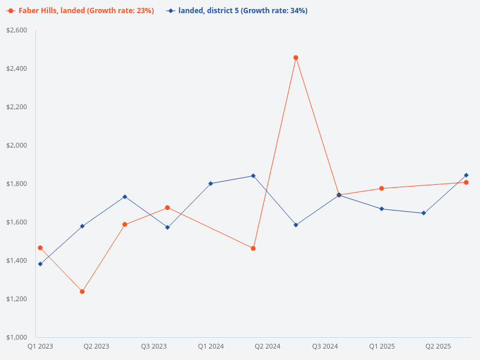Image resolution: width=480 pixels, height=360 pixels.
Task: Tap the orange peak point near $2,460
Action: tap(296, 58)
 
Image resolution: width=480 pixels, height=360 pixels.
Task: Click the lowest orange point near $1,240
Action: tap(82, 292)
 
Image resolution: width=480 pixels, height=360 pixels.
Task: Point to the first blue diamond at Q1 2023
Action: tap(40, 264)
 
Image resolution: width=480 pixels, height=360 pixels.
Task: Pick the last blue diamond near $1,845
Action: tap(466, 175)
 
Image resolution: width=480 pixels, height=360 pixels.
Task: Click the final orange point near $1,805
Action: tap(466, 182)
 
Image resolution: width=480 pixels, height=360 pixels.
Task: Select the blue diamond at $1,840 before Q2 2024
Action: tap(253, 176)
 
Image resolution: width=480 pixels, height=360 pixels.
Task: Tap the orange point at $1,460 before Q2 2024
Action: tap(253, 248)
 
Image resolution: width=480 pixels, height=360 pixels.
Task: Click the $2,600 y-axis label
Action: tap(17, 30)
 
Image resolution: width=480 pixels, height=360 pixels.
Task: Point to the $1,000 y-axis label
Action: tap(17, 337)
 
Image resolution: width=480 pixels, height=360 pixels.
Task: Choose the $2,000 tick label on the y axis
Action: tap(17, 145)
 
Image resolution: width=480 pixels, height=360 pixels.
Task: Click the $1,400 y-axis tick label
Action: tap(17, 260)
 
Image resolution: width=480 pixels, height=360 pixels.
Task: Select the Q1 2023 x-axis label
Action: tap(40, 347)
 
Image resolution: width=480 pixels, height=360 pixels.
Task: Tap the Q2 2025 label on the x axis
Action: tap(438, 347)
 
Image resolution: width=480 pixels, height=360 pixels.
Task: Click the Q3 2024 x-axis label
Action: tap(325, 347)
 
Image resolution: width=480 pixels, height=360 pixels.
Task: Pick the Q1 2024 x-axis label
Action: tap(211, 347)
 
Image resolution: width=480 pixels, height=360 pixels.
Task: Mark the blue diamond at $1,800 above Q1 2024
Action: tap(211, 184)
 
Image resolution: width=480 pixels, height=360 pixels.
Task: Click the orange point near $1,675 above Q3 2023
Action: tap(167, 208)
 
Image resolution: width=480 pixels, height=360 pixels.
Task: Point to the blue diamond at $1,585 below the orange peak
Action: tap(296, 225)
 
